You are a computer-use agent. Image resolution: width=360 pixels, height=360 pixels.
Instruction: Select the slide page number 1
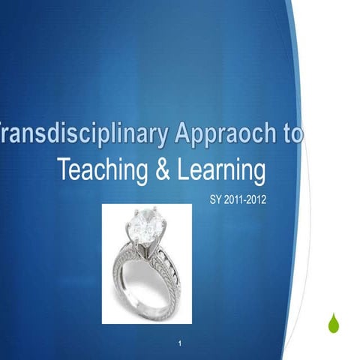[181, 343]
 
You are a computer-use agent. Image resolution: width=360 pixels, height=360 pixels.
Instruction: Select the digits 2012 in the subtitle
[257, 200]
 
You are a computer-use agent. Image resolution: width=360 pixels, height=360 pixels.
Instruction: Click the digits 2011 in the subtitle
[238, 200]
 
